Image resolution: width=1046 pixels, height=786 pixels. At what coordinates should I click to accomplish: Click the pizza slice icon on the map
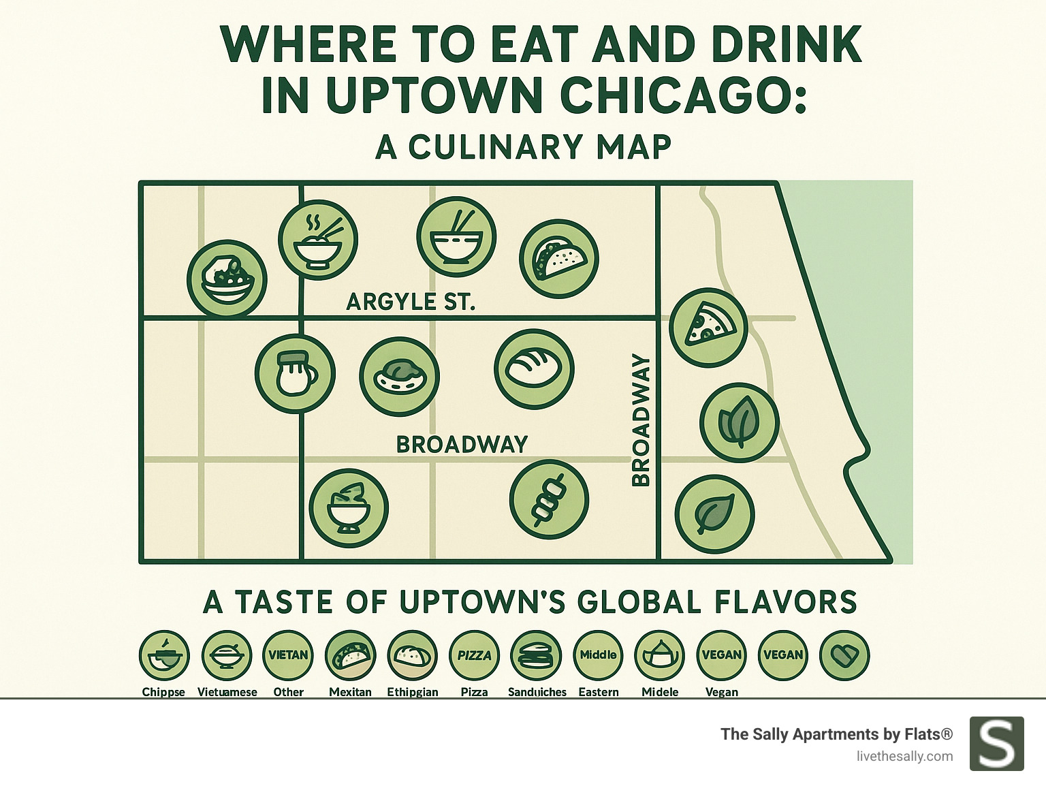(708, 328)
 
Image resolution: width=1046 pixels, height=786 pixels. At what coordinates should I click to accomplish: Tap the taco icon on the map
(559, 259)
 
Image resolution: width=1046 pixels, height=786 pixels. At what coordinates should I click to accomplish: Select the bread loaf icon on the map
(535, 368)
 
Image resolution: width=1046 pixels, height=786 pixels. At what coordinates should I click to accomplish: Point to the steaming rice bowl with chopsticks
(318, 239)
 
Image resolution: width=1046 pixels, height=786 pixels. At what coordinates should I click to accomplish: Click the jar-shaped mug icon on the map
(295, 373)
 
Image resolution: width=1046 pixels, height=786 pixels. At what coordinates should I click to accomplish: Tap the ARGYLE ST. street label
(410, 301)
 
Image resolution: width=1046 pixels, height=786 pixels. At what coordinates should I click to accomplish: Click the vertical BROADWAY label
(641, 420)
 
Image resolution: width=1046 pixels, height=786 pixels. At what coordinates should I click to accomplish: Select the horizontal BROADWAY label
(462, 444)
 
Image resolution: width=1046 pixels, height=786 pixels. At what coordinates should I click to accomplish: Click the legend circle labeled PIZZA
(474, 655)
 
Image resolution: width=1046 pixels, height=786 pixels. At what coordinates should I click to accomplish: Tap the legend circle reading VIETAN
(288, 655)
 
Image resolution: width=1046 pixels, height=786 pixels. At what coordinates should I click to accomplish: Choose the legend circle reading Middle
(598, 655)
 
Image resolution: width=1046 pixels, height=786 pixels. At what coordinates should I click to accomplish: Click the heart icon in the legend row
(844, 655)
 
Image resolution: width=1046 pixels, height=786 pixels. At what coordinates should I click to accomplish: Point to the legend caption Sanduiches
(537, 692)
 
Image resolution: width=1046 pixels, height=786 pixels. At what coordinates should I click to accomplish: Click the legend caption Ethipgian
(412, 692)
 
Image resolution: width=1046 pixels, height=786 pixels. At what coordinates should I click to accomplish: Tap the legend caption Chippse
(163, 692)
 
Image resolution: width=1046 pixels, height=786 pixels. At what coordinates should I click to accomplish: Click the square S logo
(996, 744)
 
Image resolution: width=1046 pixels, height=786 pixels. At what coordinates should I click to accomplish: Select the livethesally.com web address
(904, 756)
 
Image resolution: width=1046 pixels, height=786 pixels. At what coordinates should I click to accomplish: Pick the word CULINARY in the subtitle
(496, 146)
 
